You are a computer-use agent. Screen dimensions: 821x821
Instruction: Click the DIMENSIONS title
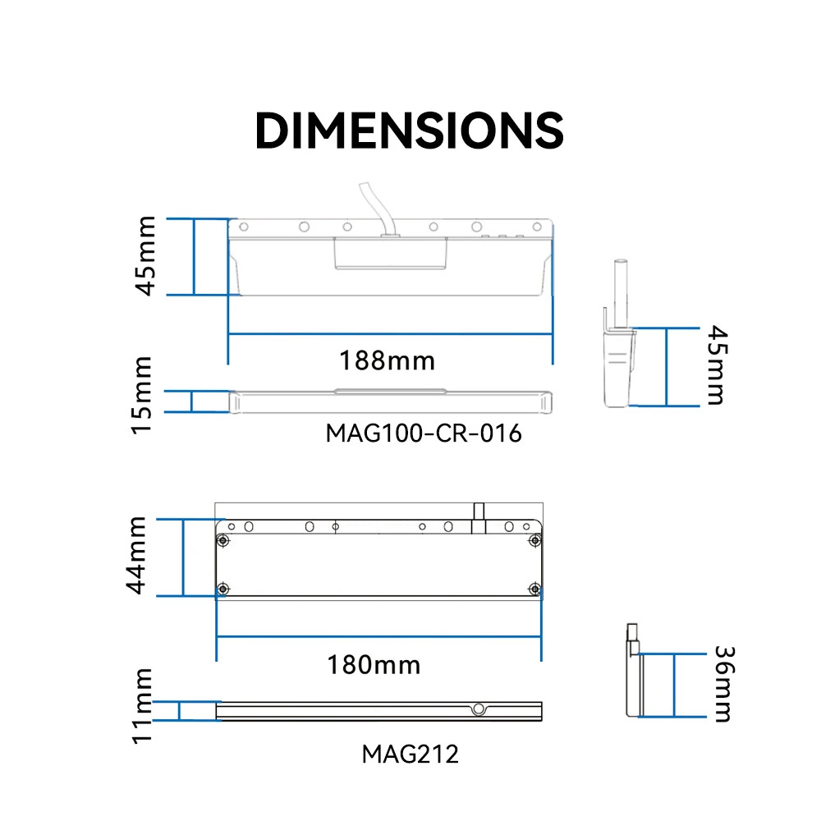410,131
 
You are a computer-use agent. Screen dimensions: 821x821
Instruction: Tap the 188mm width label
387,360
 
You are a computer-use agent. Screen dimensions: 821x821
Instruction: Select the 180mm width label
374,665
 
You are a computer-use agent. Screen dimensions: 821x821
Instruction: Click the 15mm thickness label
141,396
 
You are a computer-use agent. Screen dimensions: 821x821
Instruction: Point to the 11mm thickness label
142,705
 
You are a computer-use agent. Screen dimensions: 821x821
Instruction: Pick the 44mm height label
136,555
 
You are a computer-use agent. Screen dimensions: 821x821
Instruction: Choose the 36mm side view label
725,684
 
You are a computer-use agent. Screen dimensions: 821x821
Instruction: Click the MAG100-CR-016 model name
424,433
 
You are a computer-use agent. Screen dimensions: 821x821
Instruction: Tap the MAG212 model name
410,754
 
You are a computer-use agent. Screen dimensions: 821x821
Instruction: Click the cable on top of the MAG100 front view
377,209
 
